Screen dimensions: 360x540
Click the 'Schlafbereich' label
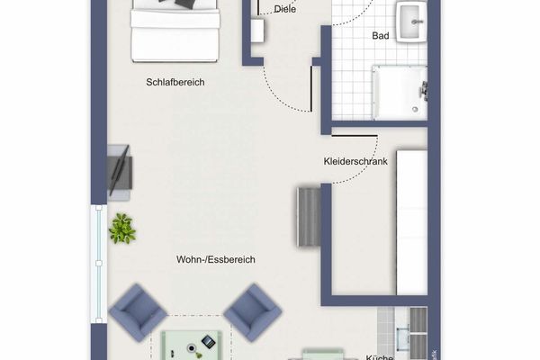tap(175, 82)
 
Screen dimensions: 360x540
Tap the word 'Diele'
tap(285, 10)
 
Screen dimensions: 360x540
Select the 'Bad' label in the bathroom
tap(381, 36)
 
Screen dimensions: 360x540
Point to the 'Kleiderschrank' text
tap(355, 162)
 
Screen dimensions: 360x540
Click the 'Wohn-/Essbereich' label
tap(216, 259)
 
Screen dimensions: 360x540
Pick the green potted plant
tap(121, 229)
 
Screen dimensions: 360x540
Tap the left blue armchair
tap(138, 310)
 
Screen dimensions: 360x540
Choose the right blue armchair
tap(252, 311)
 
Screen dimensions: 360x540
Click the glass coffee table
tap(193, 344)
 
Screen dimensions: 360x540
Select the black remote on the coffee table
tap(208, 341)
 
